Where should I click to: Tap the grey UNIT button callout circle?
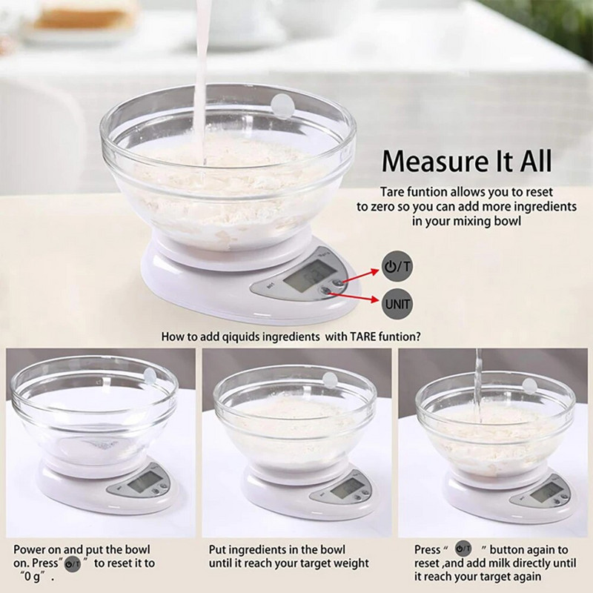point(397,304)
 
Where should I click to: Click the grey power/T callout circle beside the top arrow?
point(397,267)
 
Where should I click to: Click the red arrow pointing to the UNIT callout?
point(354,296)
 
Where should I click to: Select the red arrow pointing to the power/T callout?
point(360,276)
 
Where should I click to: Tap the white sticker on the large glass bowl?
point(282,107)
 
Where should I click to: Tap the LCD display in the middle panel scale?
point(342,490)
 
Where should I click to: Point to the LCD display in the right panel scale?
point(544,492)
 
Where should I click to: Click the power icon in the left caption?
point(73,564)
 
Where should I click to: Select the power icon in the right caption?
point(463,549)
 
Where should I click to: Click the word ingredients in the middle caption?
point(256,550)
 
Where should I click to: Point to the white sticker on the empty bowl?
point(150,375)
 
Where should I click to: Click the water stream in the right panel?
point(478,385)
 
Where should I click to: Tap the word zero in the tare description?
point(382,207)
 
